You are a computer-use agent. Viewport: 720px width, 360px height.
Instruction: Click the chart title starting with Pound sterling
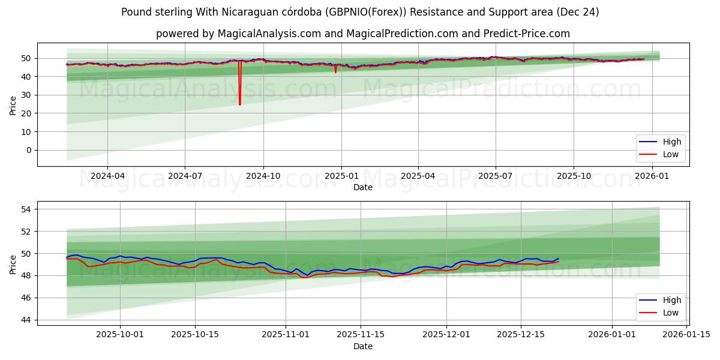coord(360,12)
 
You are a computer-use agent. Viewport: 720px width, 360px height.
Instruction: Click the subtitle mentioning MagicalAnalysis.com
coord(362,34)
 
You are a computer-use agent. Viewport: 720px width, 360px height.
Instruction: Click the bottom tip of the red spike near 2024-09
coord(240,104)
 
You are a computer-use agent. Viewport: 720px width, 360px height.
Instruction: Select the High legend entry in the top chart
coord(660,142)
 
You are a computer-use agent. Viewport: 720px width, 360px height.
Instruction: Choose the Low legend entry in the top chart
coord(660,154)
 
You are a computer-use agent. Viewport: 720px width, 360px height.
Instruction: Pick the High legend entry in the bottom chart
coord(660,300)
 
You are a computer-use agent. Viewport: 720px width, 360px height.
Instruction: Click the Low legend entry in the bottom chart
coord(660,313)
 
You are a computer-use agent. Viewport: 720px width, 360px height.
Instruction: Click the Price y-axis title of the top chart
coord(13,104)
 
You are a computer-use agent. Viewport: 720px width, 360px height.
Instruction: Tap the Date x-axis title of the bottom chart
coord(362,346)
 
